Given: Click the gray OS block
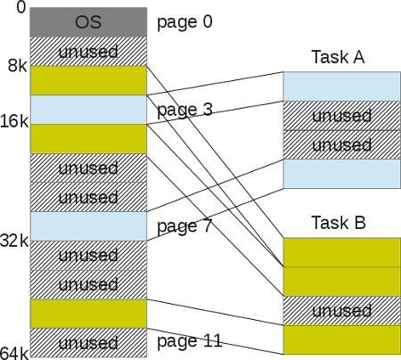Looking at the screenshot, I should pos(87,21).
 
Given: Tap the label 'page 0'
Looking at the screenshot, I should pos(184,21).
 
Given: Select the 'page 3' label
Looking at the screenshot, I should pos(184,110).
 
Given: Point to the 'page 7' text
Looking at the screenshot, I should pos(184,226).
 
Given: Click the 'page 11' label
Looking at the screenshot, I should pos(188,340).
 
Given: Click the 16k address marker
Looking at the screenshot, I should pos(15,124).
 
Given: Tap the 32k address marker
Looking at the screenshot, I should pos(15,240).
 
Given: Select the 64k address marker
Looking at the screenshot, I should pos(15,355).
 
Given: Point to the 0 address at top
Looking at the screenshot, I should pos(7,8).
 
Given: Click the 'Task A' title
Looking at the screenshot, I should pos(340,58).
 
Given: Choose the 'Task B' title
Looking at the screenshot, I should pos(340,222).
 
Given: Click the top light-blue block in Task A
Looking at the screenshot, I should pos(341,86).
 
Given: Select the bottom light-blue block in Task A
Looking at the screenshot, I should pos(341,174).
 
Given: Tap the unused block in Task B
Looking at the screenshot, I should pos(341,311).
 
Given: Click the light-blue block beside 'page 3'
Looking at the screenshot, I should pos(87,110).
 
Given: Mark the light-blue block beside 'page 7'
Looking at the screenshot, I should pos(87,225).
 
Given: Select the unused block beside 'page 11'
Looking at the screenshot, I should pos(87,341).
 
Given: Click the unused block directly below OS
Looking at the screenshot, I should pos(87,51).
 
